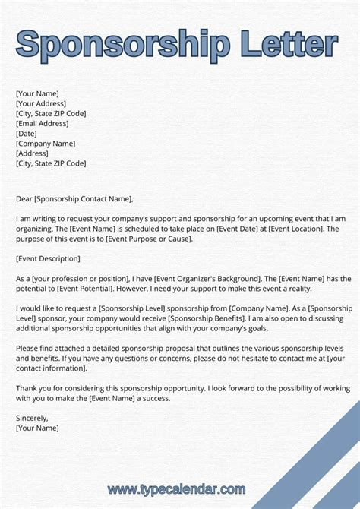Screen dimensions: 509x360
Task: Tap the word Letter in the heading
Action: [x=285, y=44]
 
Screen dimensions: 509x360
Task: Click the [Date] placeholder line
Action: [x=27, y=134]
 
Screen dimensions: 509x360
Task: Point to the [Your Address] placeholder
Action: [x=41, y=104]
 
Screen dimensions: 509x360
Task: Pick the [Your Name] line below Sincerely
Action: [x=37, y=428]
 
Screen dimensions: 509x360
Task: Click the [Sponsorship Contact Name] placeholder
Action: [x=84, y=199]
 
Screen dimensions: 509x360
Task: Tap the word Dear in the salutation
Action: [x=24, y=199]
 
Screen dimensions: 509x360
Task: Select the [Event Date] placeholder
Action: [x=238, y=229]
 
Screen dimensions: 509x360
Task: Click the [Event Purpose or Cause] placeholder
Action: [x=149, y=239]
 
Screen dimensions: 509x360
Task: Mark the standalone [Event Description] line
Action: [x=48, y=258]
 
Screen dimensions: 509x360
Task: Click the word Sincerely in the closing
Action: [x=32, y=418]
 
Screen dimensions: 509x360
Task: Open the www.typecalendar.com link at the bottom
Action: [x=176, y=488]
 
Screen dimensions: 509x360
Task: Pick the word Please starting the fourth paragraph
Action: [x=28, y=348]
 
